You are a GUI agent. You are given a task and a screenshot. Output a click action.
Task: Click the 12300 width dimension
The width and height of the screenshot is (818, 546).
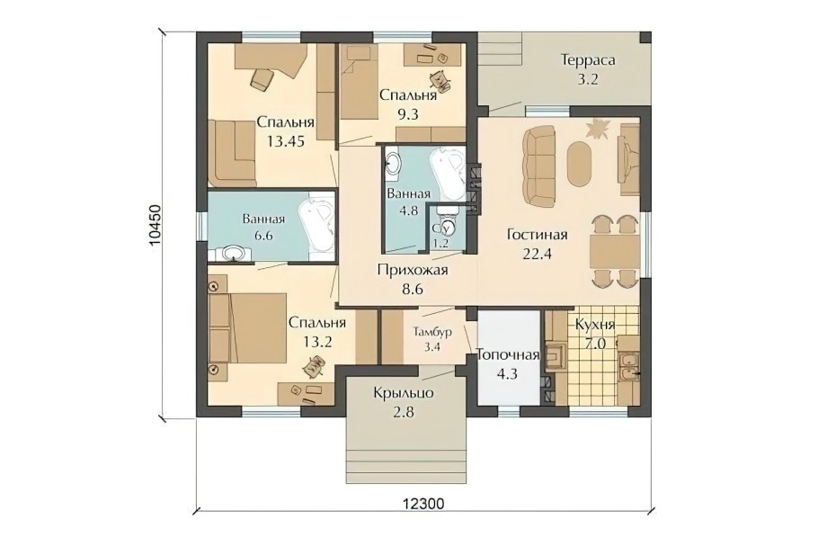pos(423,504)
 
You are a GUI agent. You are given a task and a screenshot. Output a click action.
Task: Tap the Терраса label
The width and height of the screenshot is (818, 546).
pos(588,60)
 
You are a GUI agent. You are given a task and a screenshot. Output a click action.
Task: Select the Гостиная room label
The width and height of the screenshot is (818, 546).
pos(537,235)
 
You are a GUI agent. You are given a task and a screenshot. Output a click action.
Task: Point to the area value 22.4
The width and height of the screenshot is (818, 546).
pos(537,254)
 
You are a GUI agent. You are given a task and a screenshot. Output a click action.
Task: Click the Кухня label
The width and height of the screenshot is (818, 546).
pos(595,325)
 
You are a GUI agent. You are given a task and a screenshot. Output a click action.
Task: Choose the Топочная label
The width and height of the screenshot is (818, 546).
pos(508,355)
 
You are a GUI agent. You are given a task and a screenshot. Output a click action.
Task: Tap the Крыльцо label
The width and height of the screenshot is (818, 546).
pos(404,393)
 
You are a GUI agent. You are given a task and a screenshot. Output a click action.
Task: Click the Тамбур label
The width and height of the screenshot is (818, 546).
pos(432,332)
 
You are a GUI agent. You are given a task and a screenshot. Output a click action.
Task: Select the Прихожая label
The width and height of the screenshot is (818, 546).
pos(413,270)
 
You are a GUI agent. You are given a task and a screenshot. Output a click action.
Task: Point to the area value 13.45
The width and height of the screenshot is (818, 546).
pos(285,141)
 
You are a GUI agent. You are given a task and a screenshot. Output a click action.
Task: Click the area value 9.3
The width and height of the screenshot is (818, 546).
pos(407,114)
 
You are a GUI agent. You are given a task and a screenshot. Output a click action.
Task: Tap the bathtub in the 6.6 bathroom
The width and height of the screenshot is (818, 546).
pos(317,228)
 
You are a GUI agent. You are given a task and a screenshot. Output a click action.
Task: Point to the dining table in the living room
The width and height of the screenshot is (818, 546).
pos(613,252)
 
